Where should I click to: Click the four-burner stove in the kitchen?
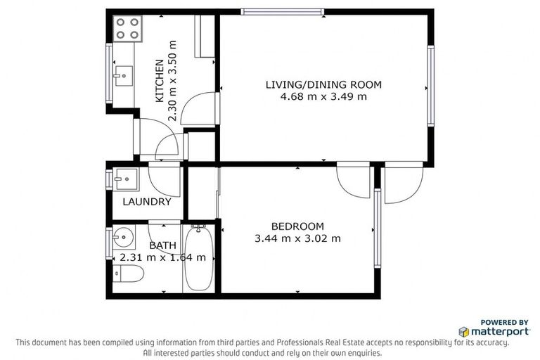(x=127, y=28)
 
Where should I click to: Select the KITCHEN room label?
(x=160, y=81)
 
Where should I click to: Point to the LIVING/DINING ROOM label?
(x=323, y=84)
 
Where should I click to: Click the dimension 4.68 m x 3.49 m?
(x=323, y=96)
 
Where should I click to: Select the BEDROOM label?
(x=297, y=226)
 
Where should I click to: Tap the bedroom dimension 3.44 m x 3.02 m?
(x=297, y=238)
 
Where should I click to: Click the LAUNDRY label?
(x=146, y=202)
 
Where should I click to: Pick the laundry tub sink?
(x=126, y=178)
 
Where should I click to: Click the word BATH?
(x=162, y=245)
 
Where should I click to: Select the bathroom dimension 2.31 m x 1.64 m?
(x=162, y=257)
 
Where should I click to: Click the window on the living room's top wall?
(x=282, y=11)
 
